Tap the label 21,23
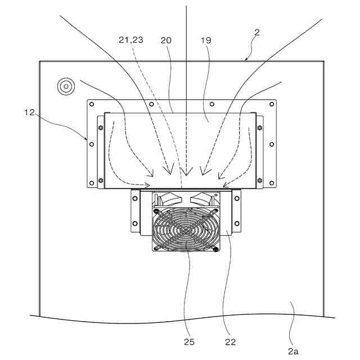point(130,40)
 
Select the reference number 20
point(166,40)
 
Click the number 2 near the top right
point(256,33)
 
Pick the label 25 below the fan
point(188,341)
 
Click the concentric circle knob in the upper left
point(66,86)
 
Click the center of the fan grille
point(185,229)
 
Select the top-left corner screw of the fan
point(155,211)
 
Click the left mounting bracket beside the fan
point(135,211)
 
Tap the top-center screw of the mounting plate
point(211,104)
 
